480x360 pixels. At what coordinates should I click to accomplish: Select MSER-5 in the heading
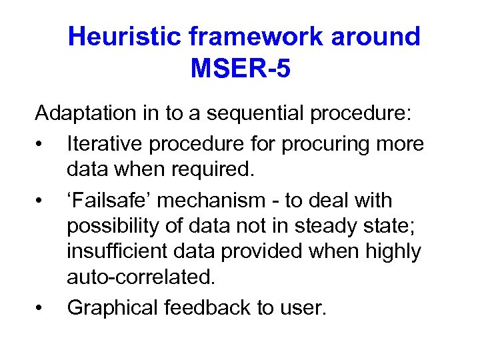(x=241, y=68)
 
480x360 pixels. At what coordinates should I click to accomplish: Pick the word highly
(x=396, y=252)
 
